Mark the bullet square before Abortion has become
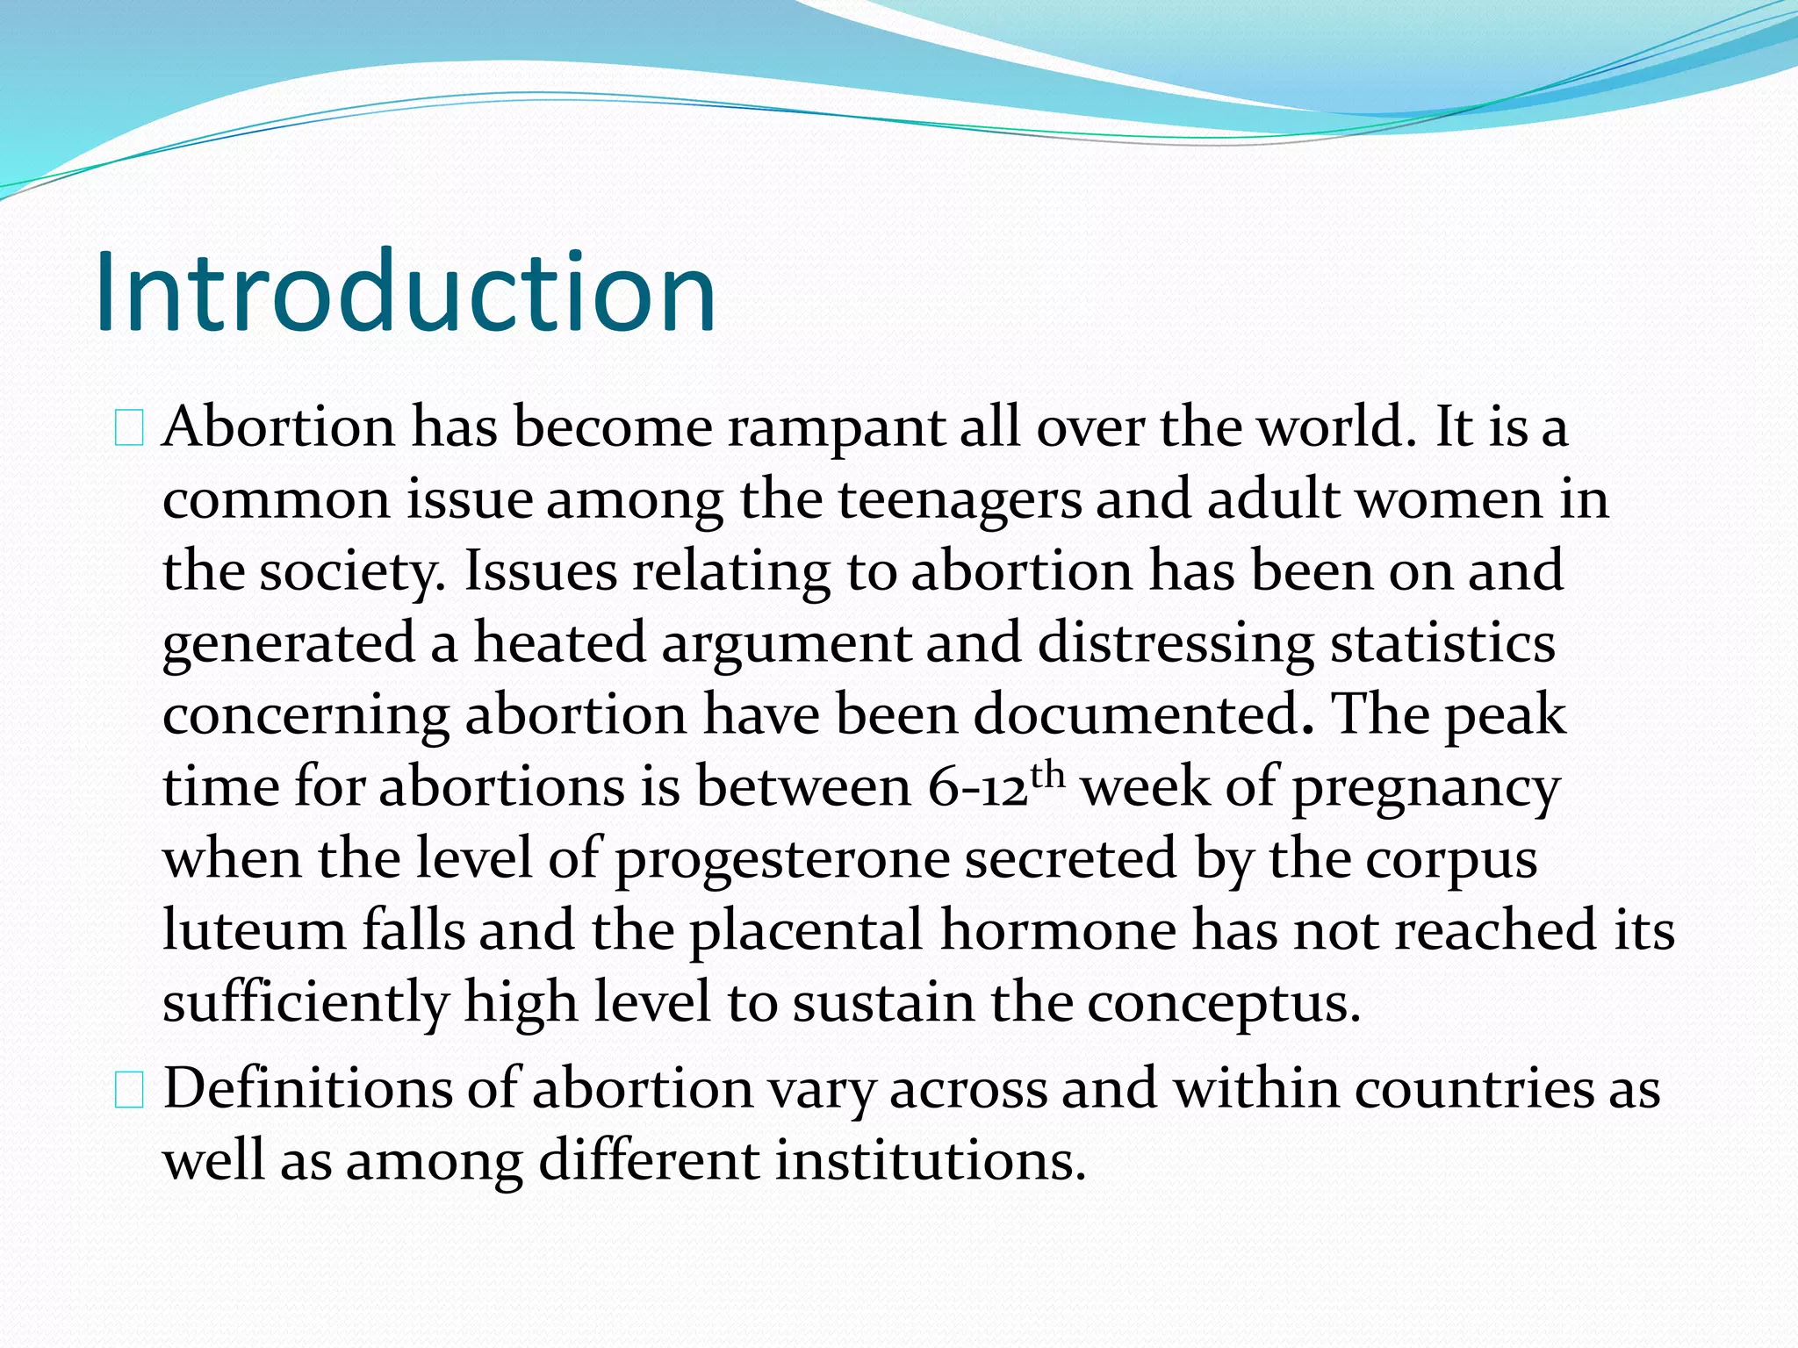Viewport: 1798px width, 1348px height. [129, 430]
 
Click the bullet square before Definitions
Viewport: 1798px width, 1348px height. [129, 1092]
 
